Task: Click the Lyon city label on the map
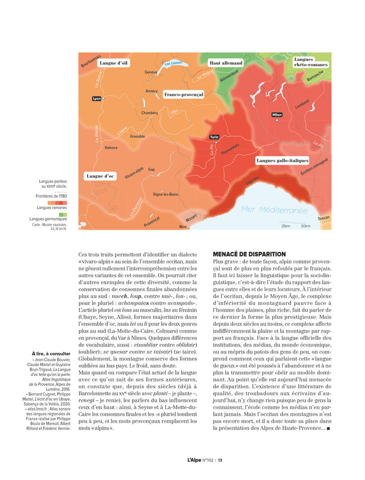[96, 98]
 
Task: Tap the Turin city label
[214, 137]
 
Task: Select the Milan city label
[276, 115]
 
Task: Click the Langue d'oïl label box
[114, 63]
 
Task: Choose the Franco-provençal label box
[184, 94]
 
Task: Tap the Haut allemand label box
[226, 63]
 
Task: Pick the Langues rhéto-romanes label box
[311, 62]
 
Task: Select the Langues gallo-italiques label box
[283, 161]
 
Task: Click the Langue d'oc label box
[100, 176]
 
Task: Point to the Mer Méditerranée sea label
[274, 210]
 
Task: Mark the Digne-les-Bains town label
[165, 194]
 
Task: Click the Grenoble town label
[138, 137]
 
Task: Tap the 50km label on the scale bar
[306, 226]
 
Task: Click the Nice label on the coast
[182, 227]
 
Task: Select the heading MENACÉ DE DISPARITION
[249, 254]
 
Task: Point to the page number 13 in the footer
[221, 460]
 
